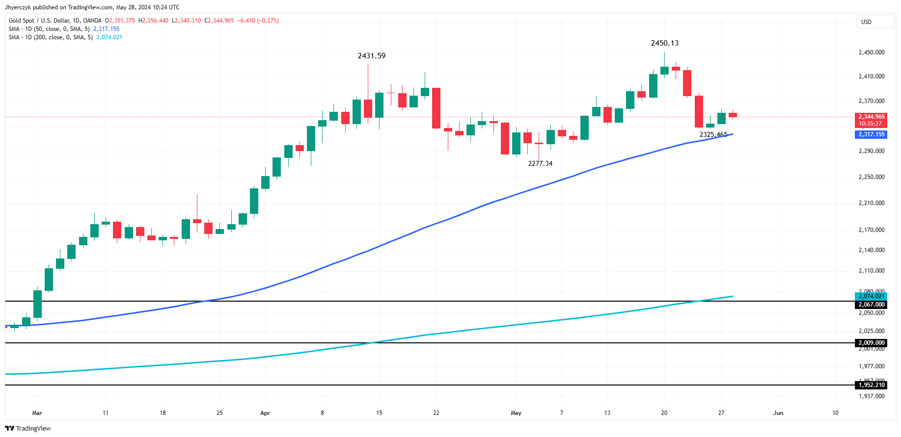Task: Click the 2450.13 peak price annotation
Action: point(664,43)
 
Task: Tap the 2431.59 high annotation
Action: point(371,56)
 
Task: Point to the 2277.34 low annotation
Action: point(540,163)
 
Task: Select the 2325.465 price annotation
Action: point(713,134)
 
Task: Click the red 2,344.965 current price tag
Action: point(871,117)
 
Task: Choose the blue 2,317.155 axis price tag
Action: point(871,134)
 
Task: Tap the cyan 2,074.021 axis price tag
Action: point(871,296)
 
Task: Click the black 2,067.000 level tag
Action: point(871,305)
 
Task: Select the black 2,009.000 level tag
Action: point(871,343)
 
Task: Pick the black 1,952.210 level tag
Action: point(871,385)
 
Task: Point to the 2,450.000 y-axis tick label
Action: point(871,52)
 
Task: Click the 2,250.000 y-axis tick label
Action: point(871,177)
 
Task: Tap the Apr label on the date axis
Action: point(265,413)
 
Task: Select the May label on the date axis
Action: point(516,413)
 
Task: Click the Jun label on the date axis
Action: point(778,413)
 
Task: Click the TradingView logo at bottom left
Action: point(29,428)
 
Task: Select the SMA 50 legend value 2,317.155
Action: point(106,29)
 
